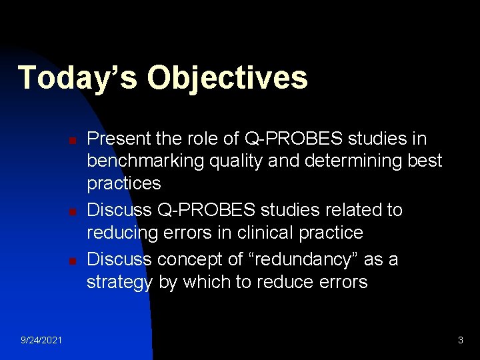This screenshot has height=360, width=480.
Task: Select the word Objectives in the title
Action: [x=227, y=77]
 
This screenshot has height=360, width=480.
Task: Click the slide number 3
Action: [x=460, y=341]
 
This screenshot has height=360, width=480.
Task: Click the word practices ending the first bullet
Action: [x=124, y=183]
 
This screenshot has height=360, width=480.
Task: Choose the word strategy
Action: [x=119, y=282]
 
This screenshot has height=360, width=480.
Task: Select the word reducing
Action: [x=124, y=233]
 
